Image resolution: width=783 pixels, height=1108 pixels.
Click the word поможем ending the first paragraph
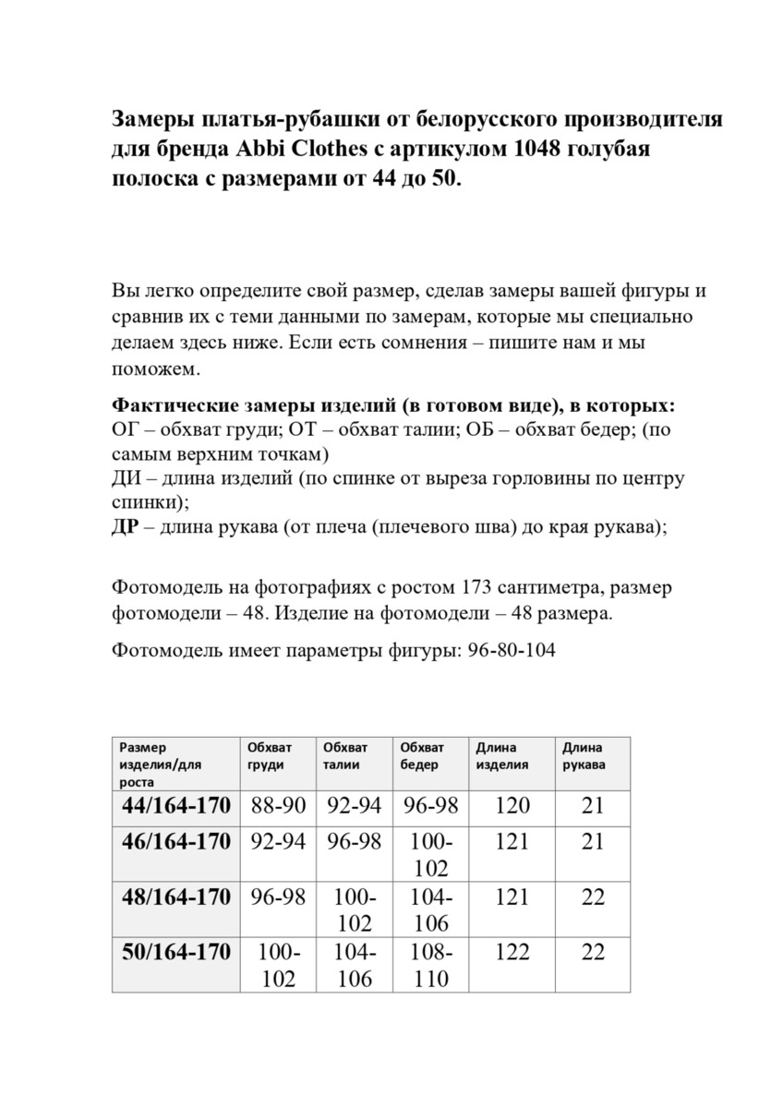pos(154,369)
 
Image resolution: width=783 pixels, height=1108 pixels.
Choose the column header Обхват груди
pos(269,755)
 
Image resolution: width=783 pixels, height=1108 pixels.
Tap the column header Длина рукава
pos(584,755)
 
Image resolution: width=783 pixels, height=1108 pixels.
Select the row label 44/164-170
pos(175,805)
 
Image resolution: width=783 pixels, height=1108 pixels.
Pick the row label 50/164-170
pos(175,952)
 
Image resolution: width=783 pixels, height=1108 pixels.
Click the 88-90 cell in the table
pos(278,805)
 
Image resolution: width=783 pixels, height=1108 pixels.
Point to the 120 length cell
pos(512,805)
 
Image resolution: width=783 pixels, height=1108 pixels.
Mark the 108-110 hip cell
pos(431,965)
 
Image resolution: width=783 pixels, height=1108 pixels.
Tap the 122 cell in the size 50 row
pos(512,952)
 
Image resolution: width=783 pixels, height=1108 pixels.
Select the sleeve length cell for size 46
pos(592,841)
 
